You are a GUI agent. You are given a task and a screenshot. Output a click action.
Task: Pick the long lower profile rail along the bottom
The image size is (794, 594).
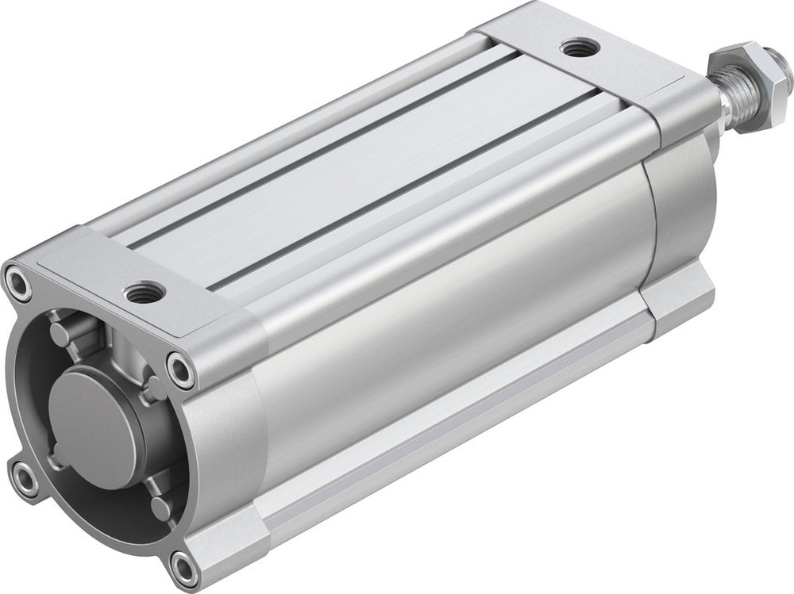(x=445, y=444)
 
